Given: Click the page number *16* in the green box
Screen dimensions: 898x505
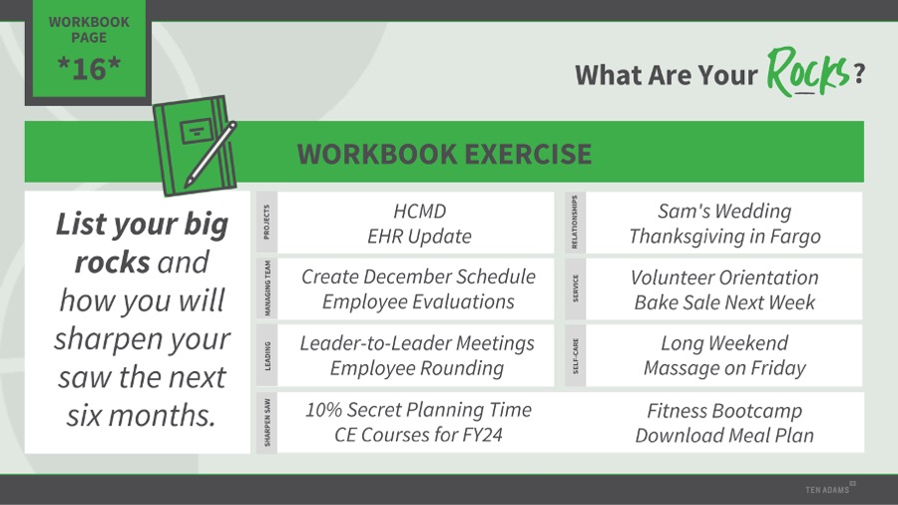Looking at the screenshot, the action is pyautogui.click(x=89, y=69).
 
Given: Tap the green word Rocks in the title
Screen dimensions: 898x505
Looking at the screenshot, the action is pyautogui.click(x=807, y=72).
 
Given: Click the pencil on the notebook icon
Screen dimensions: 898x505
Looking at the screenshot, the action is pyautogui.click(x=211, y=154).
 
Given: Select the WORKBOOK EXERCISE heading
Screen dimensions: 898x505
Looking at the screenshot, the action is pyautogui.click(x=444, y=154).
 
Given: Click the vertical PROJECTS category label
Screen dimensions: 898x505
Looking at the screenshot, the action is pyautogui.click(x=266, y=223).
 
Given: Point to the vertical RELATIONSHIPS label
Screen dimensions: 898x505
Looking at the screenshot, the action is pyautogui.click(x=575, y=223).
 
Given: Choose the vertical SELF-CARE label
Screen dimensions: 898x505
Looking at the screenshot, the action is pyautogui.click(x=576, y=355).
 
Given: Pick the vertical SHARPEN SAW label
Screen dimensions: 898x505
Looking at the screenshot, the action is pyautogui.click(x=267, y=422).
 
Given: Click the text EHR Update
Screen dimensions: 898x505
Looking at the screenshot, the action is pyautogui.click(x=419, y=236).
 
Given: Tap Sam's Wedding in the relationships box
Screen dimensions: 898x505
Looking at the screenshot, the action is pyautogui.click(x=724, y=211).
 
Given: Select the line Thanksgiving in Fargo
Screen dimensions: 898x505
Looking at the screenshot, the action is pyautogui.click(x=724, y=237).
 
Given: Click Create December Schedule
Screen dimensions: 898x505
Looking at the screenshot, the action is pyautogui.click(x=418, y=276).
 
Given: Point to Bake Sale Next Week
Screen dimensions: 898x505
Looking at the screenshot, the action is pyautogui.click(x=724, y=302).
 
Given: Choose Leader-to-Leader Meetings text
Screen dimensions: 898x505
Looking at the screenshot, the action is pyautogui.click(x=417, y=343).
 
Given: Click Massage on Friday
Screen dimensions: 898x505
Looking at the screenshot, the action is pyautogui.click(x=724, y=368).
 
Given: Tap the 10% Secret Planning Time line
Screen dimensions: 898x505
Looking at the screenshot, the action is pyautogui.click(x=418, y=410).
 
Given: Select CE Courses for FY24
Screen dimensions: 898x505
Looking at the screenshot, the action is pyautogui.click(x=418, y=434).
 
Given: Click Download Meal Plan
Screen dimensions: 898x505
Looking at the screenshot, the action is pyautogui.click(x=724, y=436).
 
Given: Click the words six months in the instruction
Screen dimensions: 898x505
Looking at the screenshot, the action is pyautogui.click(x=141, y=415).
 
